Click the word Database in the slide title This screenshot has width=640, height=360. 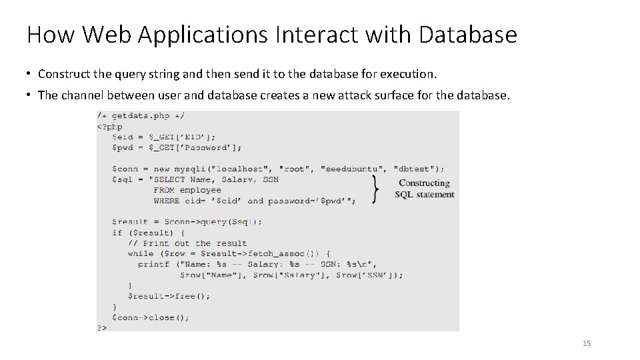click(467, 35)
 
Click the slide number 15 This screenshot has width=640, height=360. click(587, 343)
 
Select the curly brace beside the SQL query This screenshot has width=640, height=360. click(377, 189)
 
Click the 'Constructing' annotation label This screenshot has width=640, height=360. click(424, 183)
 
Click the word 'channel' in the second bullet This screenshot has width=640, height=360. click(83, 95)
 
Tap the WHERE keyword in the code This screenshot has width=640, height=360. click(167, 201)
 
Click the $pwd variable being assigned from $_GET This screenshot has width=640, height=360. click(123, 147)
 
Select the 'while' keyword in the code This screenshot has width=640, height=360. click(140, 254)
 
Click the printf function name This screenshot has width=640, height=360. click(153, 265)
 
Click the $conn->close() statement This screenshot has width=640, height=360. click(151, 317)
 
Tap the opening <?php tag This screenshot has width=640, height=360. click(110, 126)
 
